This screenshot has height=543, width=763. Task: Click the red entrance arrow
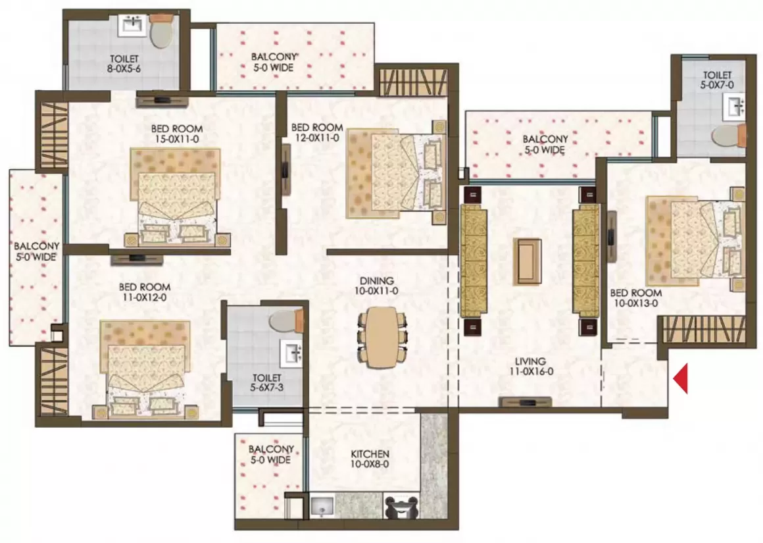(681, 378)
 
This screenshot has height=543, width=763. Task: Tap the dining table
(382, 336)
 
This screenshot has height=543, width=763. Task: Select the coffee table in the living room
(528, 261)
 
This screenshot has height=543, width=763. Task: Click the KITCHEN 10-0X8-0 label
(370, 459)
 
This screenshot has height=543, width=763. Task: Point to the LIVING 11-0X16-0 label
(530, 366)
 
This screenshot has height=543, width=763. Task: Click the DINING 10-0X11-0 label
(377, 286)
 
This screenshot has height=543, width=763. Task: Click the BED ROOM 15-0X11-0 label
(177, 134)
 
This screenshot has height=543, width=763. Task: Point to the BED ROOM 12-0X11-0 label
(317, 132)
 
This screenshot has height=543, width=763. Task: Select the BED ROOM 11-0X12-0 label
(145, 292)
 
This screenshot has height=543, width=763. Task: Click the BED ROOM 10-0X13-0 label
(635, 298)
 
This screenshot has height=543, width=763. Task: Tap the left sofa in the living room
(474, 261)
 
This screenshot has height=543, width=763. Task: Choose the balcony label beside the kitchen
(271, 454)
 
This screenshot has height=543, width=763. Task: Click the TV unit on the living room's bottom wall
(525, 401)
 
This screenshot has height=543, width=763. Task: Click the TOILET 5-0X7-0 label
(717, 80)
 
